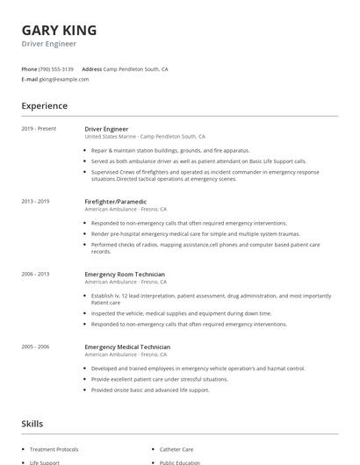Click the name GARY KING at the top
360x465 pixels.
[59, 30]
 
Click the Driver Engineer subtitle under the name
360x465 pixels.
[48, 44]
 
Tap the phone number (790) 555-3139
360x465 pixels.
[56, 68]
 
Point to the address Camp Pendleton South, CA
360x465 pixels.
[135, 68]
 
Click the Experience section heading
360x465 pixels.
[45, 106]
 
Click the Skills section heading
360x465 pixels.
[32, 424]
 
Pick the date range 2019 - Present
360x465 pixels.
[39, 129]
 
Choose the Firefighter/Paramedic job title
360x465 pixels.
[115, 202]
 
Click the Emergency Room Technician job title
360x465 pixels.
[124, 274]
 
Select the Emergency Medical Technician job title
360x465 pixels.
[126, 347]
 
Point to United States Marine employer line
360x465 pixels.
[144, 137]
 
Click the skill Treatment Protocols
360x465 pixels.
[54, 449]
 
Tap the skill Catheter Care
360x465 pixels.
[176, 449]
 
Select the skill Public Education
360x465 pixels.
[180, 461]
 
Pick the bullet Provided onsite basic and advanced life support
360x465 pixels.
[150, 390]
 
